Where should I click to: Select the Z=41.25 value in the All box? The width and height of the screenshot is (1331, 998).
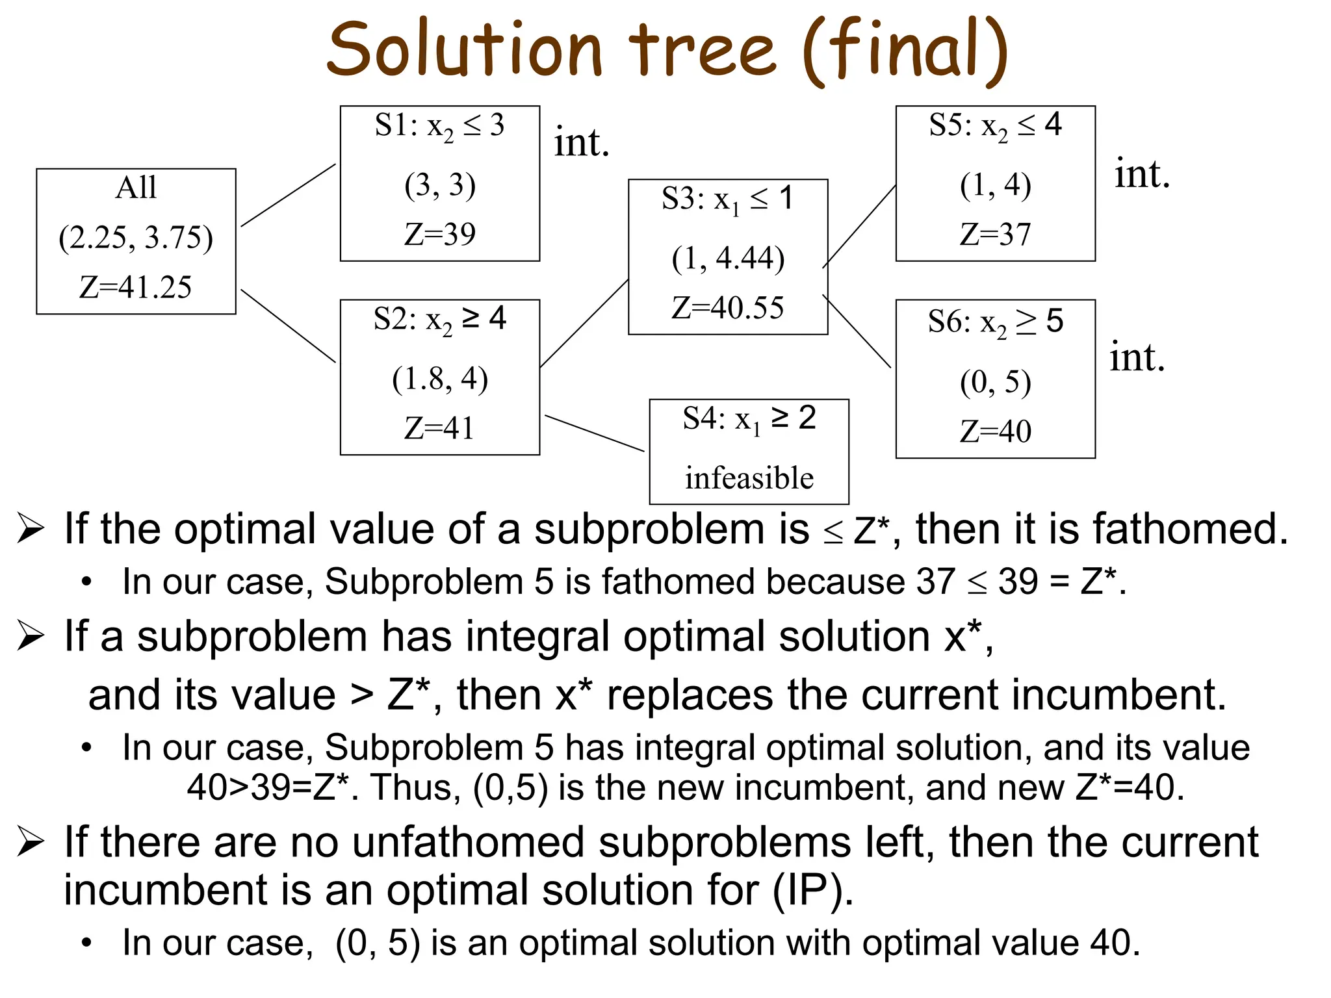point(136,287)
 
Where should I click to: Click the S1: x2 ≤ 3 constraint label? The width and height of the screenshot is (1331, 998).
point(439,125)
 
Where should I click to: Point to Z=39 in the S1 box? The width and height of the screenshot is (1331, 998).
point(440,234)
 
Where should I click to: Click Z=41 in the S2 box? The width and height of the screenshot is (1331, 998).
point(439,428)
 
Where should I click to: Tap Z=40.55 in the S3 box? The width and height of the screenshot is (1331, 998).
point(728,308)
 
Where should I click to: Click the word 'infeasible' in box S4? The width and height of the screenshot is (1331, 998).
point(749,478)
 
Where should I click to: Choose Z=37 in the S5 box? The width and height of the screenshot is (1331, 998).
point(995,235)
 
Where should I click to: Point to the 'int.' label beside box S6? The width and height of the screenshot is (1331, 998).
point(1137,357)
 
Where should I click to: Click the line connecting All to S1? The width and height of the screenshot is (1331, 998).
point(289,195)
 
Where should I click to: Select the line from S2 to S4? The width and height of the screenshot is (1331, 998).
point(595,433)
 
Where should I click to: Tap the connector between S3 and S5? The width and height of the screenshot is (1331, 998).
point(859,226)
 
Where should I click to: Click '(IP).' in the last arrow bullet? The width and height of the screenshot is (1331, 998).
point(813,889)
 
